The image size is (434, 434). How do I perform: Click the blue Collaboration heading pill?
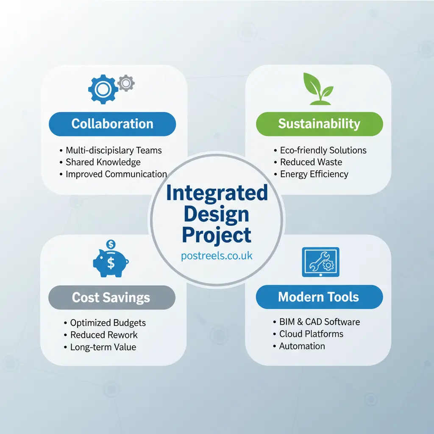112,124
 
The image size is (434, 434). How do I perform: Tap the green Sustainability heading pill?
319,124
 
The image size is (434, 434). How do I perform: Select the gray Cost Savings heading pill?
111,297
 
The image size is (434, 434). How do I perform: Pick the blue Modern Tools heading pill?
319,297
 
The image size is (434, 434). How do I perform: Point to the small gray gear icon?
125,83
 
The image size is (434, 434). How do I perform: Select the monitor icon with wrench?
320,262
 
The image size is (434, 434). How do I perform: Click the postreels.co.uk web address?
217,256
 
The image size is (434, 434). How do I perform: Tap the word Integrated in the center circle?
217,193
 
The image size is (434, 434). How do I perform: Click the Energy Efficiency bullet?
314,174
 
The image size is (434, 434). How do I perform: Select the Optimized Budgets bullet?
108,323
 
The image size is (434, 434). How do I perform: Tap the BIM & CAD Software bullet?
319,322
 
